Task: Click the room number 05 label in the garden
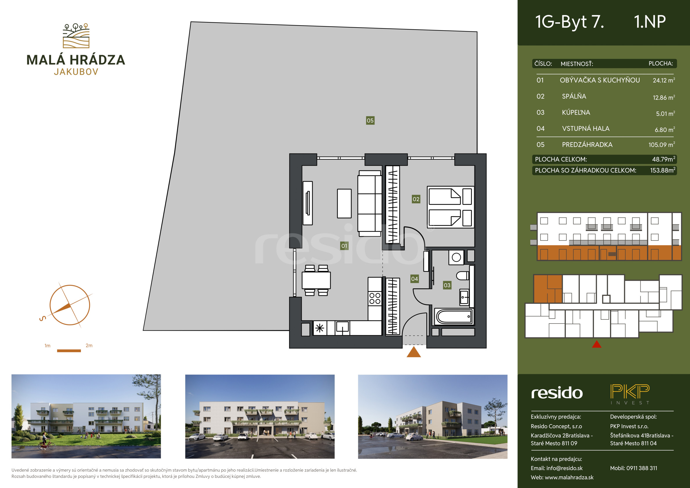point(370,121)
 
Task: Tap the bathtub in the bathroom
point(454,317)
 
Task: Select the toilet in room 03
point(463,275)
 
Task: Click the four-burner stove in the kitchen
point(375,298)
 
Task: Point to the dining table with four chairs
point(316,280)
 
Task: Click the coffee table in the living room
point(344,203)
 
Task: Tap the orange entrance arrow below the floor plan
point(414,352)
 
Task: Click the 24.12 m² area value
point(664,80)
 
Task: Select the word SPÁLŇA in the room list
point(574,96)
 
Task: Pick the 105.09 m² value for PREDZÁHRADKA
point(662,144)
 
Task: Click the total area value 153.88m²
point(662,170)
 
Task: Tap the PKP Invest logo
point(630,394)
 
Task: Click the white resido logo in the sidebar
point(557,393)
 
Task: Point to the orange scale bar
point(69,350)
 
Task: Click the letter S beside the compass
point(43,318)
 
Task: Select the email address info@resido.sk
point(564,468)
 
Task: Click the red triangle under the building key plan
point(597,344)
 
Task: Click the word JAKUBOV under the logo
point(76,72)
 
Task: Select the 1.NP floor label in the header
point(650,22)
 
